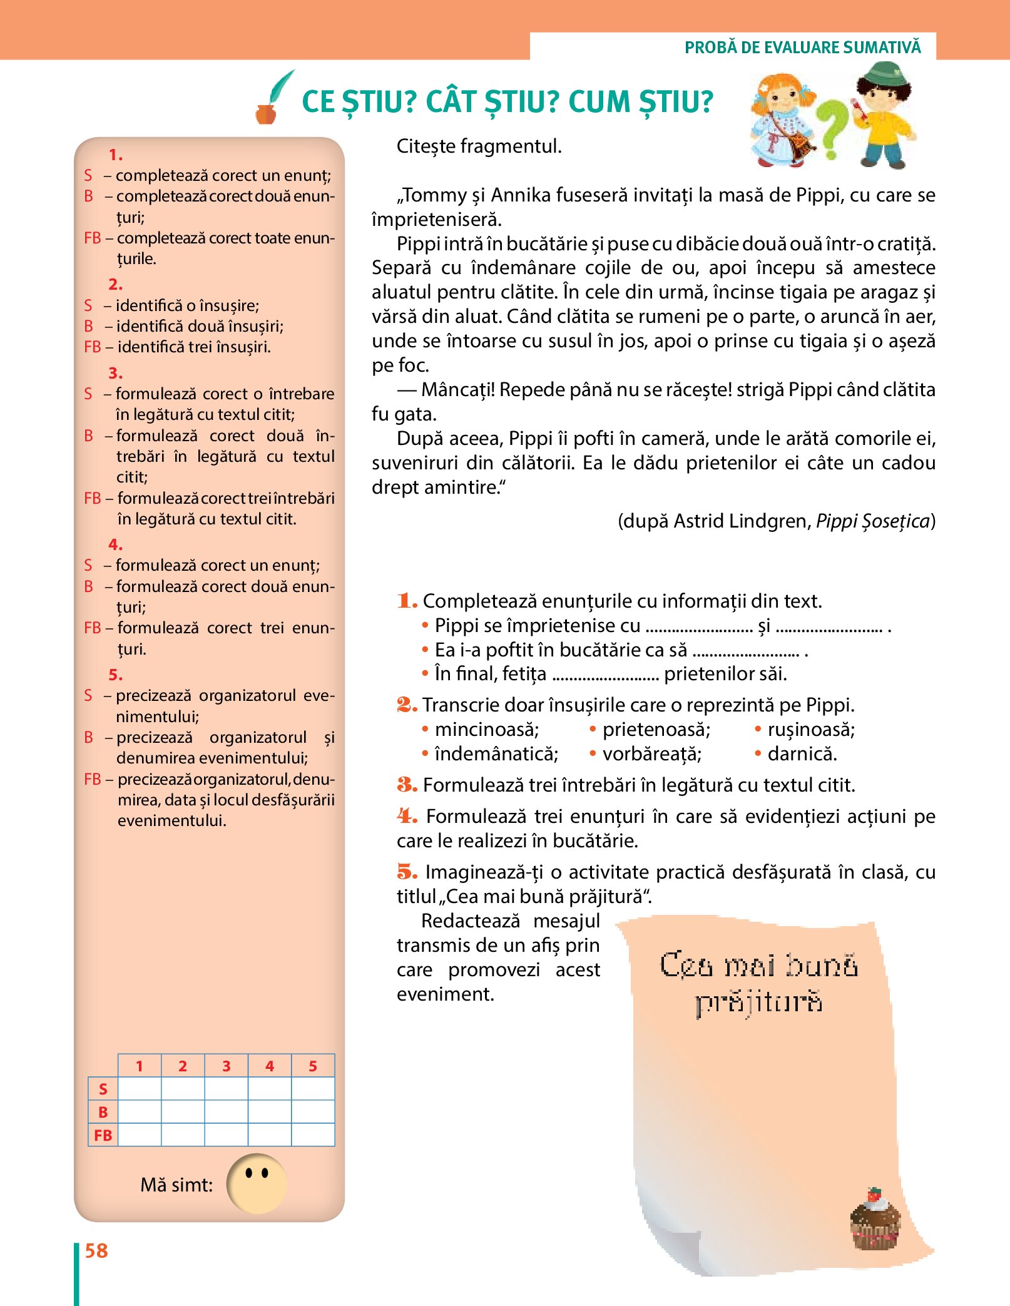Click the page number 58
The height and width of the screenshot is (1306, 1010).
(96, 1250)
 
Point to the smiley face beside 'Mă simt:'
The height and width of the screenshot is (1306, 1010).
(257, 1183)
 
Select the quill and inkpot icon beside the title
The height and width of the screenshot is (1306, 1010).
(274, 98)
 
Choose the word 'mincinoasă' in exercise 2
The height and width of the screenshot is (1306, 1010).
(486, 730)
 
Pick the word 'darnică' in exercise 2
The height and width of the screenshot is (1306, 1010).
(802, 754)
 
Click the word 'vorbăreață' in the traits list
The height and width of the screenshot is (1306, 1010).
(651, 754)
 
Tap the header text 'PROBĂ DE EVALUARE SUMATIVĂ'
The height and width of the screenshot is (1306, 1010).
(802, 48)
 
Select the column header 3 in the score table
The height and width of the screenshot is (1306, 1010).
(226, 1066)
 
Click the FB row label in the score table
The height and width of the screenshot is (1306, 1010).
(103, 1135)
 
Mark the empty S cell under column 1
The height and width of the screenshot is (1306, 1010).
(140, 1089)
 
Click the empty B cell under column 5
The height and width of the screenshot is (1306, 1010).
(313, 1112)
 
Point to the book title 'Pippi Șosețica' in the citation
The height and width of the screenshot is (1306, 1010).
(873, 521)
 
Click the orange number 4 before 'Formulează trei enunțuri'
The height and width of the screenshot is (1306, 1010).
(407, 816)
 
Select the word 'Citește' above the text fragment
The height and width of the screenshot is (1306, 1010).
(426, 146)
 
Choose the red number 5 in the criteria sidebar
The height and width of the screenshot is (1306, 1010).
(115, 675)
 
